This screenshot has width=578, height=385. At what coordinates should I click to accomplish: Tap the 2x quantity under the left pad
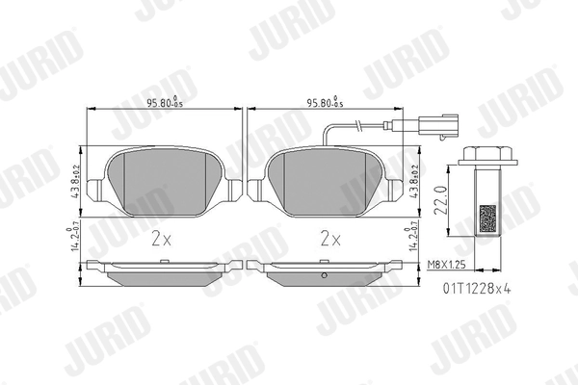(161, 237)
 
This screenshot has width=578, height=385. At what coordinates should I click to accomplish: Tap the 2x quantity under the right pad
(329, 237)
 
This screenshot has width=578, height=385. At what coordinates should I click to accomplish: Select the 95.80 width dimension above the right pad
(325, 102)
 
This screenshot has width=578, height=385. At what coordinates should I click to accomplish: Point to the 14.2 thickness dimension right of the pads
(417, 237)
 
